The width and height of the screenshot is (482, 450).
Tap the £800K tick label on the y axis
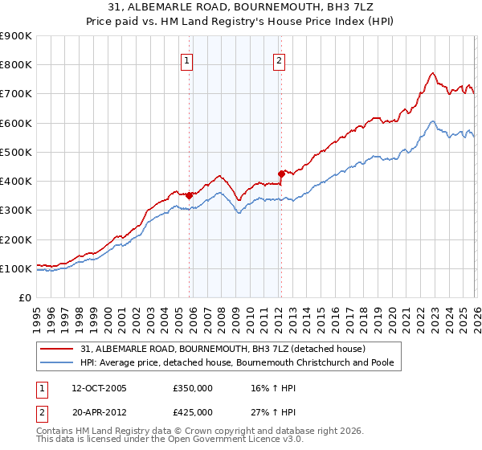tap(15, 64)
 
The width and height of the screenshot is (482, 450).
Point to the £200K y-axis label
tap(15, 239)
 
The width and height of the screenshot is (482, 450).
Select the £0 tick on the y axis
tap(25, 298)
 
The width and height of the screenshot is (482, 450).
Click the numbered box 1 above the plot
tap(186, 59)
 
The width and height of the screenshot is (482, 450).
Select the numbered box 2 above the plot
tap(279, 59)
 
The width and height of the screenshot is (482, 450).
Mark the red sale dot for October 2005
tap(190, 195)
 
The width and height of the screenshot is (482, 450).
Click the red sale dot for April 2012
tap(281, 173)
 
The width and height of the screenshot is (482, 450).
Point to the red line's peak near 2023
tap(432, 73)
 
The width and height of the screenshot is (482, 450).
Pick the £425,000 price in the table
tap(193, 411)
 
